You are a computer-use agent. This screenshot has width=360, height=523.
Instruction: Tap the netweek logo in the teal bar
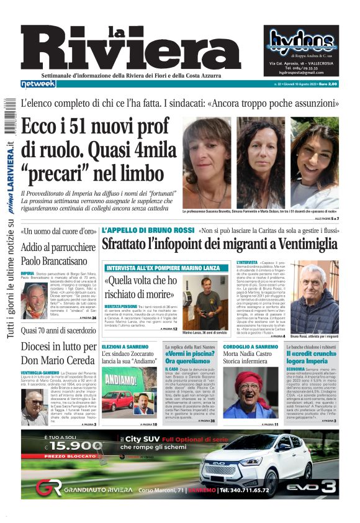[x=38, y=83]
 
